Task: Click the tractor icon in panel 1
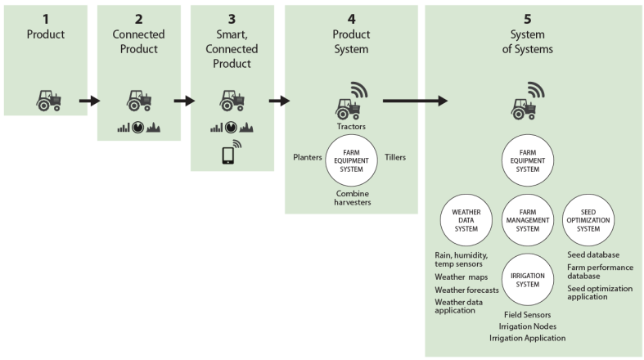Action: pos(48,100)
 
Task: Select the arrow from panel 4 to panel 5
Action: pos(415,101)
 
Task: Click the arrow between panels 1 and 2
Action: pos(89,101)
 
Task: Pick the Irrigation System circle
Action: pos(528,279)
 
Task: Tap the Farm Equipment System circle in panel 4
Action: pos(351,160)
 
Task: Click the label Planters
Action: pos(308,156)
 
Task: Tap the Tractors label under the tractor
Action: pos(351,126)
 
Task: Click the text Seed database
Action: pos(593,254)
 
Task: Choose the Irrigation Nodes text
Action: pos(528,326)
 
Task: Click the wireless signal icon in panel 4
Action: pos(360,90)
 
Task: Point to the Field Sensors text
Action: pos(528,314)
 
